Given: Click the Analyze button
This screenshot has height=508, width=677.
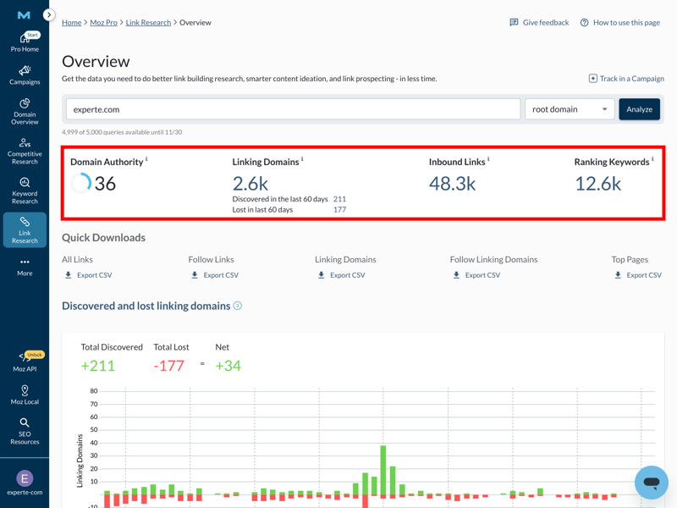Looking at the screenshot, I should pyautogui.click(x=639, y=109).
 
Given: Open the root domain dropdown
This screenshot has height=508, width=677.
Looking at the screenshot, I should pyautogui.click(x=570, y=109).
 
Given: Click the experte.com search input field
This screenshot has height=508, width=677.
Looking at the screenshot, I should pyautogui.click(x=293, y=109).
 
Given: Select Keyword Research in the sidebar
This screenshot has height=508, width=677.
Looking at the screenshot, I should pyautogui.click(x=25, y=191).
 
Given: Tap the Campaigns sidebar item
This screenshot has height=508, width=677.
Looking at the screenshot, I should pyautogui.click(x=25, y=75).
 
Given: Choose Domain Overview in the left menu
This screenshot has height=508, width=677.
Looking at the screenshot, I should pyautogui.click(x=25, y=112).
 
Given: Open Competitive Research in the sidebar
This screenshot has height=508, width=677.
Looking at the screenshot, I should pyautogui.click(x=25, y=152).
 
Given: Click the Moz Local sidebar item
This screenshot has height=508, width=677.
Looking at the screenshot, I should pyautogui.click(x=25, y=395).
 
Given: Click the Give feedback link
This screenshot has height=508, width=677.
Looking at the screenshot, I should pyautogui.click(x=539, y=23).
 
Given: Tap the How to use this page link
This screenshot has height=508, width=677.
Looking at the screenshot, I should pyautogui.click(x=619, y=23).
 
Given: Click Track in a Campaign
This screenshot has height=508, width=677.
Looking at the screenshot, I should pyautogui.click(x=626, y=79).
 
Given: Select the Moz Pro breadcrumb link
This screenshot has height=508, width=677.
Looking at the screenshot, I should pyautogui.click(x=103, y=23).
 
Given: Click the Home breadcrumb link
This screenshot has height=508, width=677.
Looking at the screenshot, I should pyautogui.click(x=71, y=23).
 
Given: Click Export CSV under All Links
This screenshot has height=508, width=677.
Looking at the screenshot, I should pyautogui.click(x=88, y=275).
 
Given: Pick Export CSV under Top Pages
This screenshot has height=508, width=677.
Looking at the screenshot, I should pyautogui.click(x=638, y=275).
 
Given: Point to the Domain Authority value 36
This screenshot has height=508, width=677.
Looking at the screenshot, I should pyautogui.click(x=105, y=183).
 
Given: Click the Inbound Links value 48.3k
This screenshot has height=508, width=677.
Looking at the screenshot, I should pyautogui.click(x=452, y=183).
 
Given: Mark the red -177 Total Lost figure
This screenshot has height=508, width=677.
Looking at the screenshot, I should pyautogui.click(x=168, y=366).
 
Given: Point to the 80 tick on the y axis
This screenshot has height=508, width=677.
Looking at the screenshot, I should pyautogui.click(x=93, y=391).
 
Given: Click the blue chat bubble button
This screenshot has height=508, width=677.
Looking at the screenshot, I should pyautogui.click(x=651, y=483).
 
